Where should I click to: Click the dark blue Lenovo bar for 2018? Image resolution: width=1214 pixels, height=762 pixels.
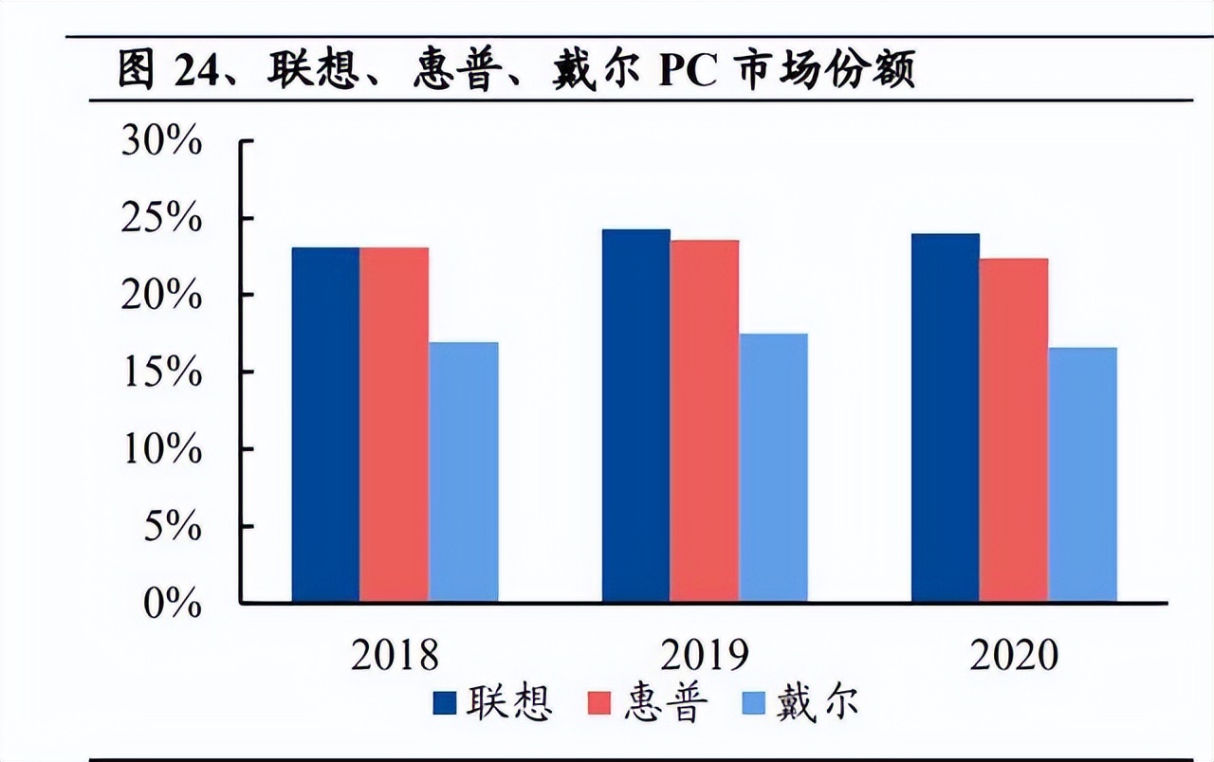point(325,425)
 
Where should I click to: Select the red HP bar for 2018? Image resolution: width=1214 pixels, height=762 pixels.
point(394,425)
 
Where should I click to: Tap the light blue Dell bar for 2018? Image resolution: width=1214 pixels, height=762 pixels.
point(463,472)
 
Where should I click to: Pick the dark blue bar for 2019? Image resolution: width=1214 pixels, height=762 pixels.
point(635,415)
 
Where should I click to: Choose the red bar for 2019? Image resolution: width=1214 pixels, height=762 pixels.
point(704,421)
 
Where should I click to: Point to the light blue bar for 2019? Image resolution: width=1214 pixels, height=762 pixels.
point(773,467)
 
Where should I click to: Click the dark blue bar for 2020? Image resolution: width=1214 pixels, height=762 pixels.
point(945,417)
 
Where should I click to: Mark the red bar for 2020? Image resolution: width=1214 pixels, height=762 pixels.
point(1014,430)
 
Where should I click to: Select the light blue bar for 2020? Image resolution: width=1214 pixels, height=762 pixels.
point(1082,475)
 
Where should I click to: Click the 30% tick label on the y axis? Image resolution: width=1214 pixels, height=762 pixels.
point(161,142)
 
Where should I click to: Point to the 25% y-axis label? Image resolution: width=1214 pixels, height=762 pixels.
point(161,219)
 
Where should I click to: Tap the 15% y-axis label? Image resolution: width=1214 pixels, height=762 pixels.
point(161,372)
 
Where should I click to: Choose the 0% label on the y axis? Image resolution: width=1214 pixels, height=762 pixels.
point(173,603)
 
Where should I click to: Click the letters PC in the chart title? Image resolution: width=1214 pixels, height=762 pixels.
point(688,71)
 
